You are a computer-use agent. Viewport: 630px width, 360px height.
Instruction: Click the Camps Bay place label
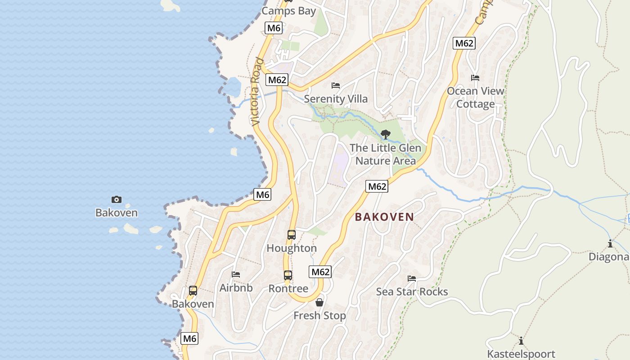click(x=288, y=11)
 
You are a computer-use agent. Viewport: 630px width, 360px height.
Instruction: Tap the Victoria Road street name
click(x=256, y=91)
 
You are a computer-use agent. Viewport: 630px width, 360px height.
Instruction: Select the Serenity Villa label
click(x=336, y=99)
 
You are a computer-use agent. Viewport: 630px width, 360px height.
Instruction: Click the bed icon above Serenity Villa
click(x=336, y=85)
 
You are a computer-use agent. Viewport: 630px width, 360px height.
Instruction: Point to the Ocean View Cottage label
click(x=475, y=98)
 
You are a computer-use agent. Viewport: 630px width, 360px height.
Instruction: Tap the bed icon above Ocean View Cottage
click(x=475, y=78)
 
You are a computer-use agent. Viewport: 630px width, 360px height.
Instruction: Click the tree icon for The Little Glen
click(x=385, y=134)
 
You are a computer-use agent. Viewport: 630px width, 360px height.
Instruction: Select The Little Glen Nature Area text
click(x=385, y=154)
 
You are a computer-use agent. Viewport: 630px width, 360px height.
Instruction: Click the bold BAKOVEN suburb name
click(x=384, y=217)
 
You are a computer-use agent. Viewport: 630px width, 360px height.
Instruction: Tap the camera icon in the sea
click(x=117, y=199)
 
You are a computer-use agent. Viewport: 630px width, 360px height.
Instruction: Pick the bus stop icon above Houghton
click(x=292, y=234)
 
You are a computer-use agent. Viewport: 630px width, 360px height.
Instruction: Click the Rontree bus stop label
click(x=288, y=288)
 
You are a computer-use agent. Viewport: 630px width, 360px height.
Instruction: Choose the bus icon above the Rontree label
click(x=288, y=275)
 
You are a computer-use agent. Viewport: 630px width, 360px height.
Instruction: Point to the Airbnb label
click(x=236, y=288)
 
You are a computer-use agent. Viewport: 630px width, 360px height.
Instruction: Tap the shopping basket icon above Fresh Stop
click(x=319, y=302)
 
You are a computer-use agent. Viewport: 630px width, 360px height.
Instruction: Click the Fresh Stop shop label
click(x=319, y=316)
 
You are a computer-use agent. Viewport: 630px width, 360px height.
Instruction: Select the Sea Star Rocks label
click(x=412, y=292)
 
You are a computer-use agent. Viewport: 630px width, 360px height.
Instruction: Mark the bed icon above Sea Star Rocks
click(x=412, y=279)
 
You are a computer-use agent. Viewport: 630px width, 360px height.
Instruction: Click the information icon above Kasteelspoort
click(x=521, y=340)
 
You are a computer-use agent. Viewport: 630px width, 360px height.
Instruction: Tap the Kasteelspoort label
click(x=521, y=354)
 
